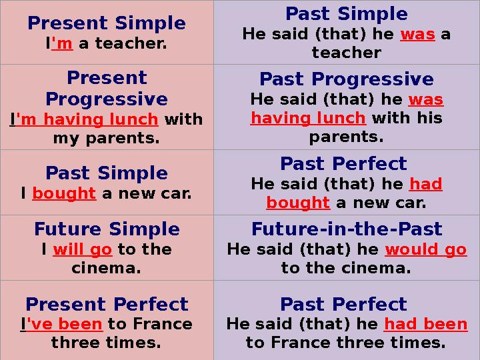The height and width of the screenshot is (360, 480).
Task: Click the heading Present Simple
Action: pos(107,23)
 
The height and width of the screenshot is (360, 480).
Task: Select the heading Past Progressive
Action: pos(347,79)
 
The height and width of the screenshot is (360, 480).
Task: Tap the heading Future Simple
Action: pos(107,229)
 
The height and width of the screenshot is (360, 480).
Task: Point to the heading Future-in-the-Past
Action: pos(347,229)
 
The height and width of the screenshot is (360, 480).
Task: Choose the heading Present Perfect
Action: pos(107,304)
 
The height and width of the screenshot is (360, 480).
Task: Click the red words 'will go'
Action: pos(83,250)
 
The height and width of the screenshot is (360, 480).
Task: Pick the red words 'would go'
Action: pos(426,250)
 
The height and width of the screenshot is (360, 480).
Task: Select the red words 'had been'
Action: pos(425,324)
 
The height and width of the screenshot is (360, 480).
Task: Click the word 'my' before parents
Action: pos(67,139)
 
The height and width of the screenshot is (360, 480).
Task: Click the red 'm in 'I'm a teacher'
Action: pos(62,43)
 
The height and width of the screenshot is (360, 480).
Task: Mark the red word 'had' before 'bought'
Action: pos(426,184)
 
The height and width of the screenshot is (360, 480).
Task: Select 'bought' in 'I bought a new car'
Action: pos(64,193)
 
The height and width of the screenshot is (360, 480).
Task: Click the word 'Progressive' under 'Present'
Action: pos(107,99)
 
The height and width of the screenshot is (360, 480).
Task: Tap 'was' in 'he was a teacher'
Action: pos(417,35)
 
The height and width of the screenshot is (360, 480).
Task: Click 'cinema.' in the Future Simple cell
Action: pos(106,269)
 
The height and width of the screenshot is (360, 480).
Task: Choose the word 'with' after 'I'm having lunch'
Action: pos(184,119)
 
